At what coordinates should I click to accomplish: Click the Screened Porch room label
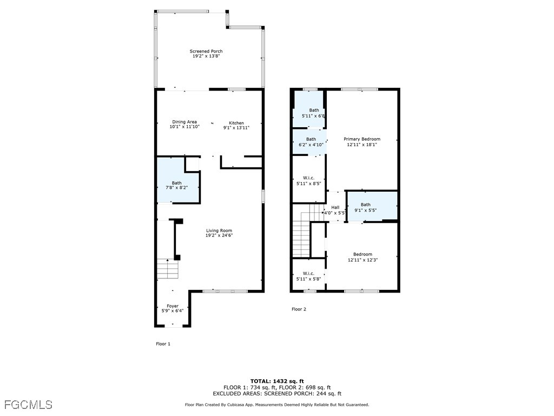[x=206, y=51]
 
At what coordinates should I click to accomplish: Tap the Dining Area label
[x=184, y=122]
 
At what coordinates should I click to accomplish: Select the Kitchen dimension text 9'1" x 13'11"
[x=236, y=128]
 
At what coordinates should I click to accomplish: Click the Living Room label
[x=219, y=231]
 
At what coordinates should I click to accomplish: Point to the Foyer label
[x=172, y=306]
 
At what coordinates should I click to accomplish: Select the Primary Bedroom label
[x=362, y=139]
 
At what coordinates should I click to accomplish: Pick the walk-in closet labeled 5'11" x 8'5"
[x=308, y=181]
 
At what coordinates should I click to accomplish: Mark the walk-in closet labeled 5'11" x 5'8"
[x=308, y=276]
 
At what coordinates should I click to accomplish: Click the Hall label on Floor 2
[x=335, y=207]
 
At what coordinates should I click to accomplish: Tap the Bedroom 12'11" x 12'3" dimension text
[x=362, y=260]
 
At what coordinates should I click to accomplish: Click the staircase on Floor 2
[x=302, y=233]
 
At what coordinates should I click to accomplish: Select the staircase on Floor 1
[x=167, y=269]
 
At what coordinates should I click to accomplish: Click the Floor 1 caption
[x=163, y=343]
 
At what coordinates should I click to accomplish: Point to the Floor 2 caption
[x=299, y=309]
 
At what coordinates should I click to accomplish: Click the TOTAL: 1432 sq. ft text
[x=277, y=381]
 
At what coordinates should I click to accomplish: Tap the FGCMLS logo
[x=28, y=405]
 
